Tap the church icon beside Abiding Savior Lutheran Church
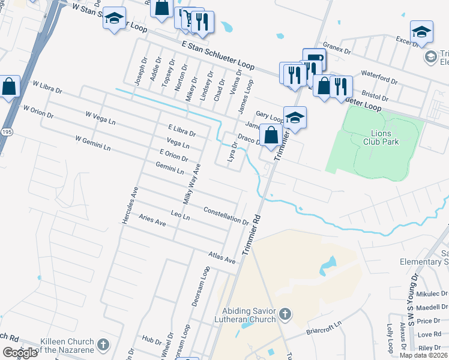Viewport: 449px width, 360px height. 285,314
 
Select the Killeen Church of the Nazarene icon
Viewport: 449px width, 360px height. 103,345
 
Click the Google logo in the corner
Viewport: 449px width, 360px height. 20,353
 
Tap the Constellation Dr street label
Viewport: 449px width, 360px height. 226,215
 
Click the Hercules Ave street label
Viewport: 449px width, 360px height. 130,205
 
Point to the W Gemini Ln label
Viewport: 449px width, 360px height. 92,143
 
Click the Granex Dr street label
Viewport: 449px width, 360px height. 336,47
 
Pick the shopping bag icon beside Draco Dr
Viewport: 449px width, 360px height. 271,135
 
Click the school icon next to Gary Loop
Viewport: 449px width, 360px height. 295,118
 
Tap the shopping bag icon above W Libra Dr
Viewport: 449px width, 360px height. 9,87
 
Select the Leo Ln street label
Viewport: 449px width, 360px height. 180,215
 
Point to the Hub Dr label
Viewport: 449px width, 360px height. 148,339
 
